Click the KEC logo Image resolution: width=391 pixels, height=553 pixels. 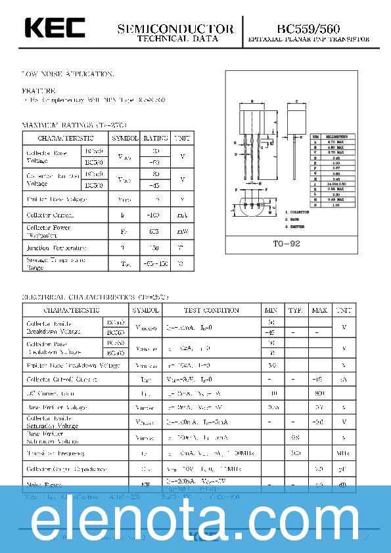pos(55,28)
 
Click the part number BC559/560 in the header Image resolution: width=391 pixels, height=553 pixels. pos(309,29)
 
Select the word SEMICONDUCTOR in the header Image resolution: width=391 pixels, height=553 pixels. pos(175,29)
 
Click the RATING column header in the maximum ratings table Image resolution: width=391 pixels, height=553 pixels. pos(156,139)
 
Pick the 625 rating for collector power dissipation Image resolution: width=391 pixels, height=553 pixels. pos(156,232)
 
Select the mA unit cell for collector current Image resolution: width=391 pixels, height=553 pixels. pos(182,215)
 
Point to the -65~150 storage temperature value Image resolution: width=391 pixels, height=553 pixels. pos(156,264)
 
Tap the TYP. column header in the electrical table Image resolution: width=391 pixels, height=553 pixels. pos(296,310)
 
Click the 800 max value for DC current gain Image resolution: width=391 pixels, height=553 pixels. pos(319,393)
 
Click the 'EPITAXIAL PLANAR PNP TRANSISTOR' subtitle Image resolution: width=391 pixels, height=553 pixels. pos(308,40)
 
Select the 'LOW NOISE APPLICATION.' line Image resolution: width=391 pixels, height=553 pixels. pos(68,74)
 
